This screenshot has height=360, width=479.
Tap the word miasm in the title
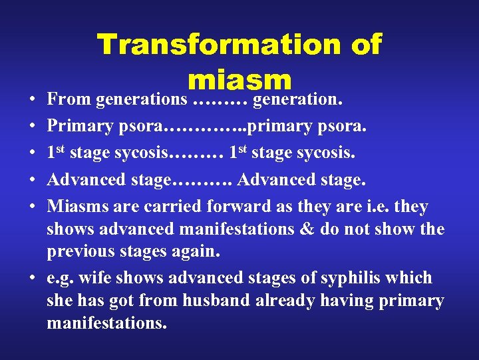click(239, 80)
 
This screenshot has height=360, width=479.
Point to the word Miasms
click(79, 207)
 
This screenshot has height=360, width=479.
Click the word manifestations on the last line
click(106, 323)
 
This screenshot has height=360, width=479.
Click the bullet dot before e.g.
click(33, 278)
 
